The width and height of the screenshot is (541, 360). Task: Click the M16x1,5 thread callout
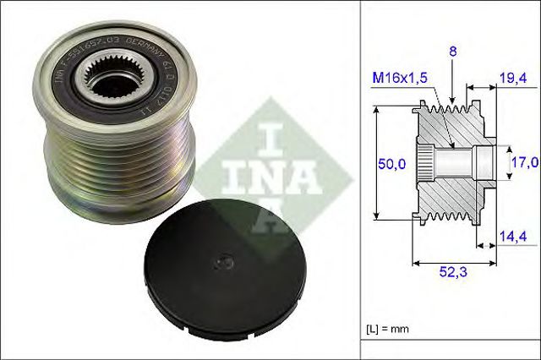click(x=402, y=79)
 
